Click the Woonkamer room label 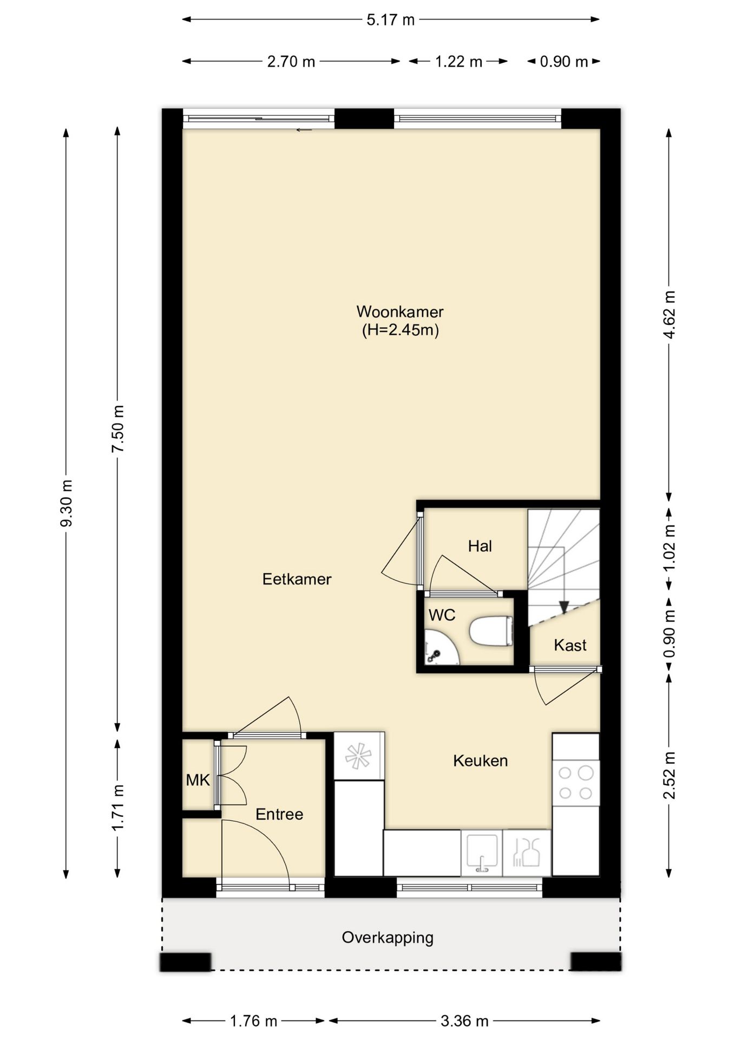399,312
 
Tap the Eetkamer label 297,579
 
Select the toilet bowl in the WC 490,631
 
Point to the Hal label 480,546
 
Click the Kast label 570,645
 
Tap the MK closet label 198,780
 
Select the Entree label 279,814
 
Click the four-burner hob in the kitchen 575,783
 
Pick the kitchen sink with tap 481,854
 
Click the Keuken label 480,760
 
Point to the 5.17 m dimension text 390,20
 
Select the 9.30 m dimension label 66,503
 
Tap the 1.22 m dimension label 458,62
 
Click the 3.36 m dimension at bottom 464,1021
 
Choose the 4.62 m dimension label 670,314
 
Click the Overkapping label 388,938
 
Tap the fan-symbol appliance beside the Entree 359,756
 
